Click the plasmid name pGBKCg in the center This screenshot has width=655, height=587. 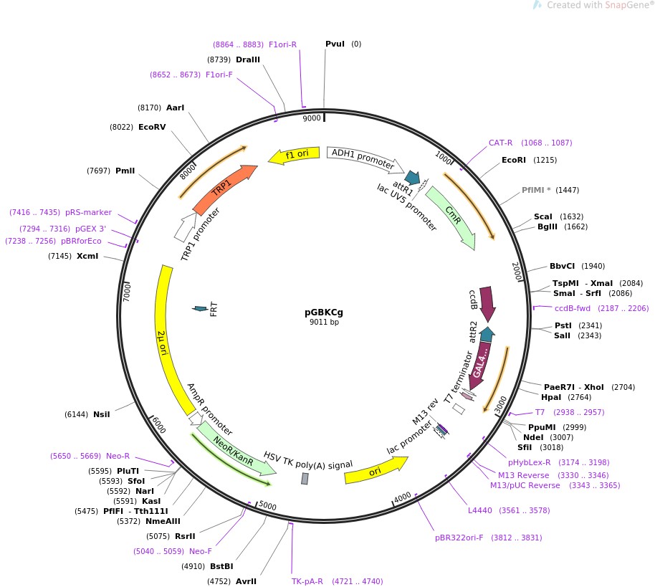tap(324, 312)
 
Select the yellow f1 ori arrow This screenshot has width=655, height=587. tap(294, 155)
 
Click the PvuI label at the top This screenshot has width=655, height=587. tap(335, 44)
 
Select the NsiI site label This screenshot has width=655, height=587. tap(102, 414)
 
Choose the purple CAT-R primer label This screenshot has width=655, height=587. tap(501, 143)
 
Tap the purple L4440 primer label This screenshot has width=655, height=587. tap(479, 510)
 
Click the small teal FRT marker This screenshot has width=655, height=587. tap(200, 309)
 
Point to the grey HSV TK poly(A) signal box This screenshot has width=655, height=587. tap(305, 478)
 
